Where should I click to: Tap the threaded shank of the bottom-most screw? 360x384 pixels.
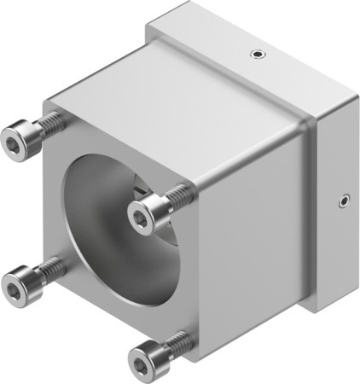pos(176,344)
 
